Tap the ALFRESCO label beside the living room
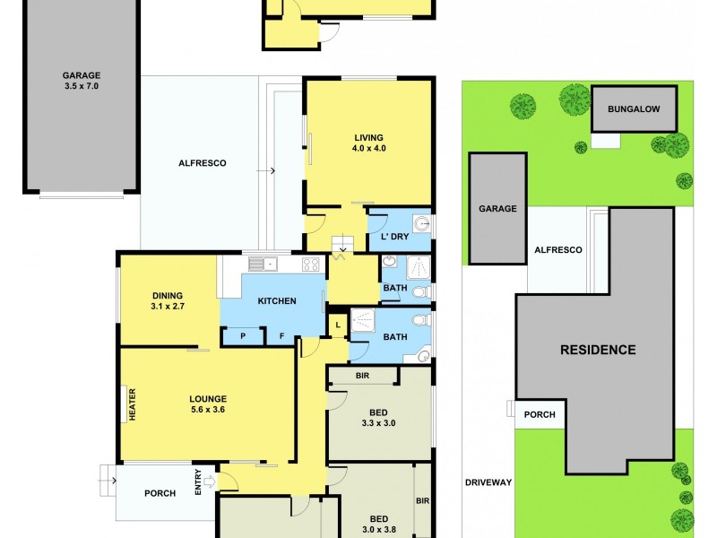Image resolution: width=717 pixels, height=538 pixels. [x=202, y=163]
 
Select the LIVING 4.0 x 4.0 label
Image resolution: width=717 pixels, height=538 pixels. [x=368, y=143]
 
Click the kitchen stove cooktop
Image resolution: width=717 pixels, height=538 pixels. [x=311, y=265]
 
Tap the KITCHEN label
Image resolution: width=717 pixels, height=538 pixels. [x=277, y=301]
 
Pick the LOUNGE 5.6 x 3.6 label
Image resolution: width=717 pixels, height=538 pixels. [x=207, y=404]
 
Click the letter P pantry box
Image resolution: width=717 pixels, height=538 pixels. [x=242, y=335]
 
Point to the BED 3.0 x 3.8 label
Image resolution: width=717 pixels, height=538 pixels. [x=379, y=524]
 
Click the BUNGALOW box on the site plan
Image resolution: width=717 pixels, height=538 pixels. [x=634, y=109]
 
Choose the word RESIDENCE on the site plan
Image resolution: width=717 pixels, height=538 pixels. [x=598, y=350]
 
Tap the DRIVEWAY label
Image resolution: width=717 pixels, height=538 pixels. [x=488, y=482]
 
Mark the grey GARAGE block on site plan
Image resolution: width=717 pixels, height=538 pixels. [x=497, y=208]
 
